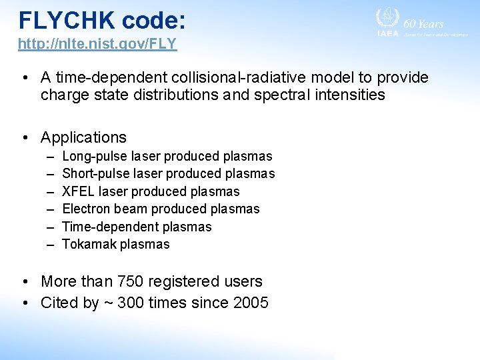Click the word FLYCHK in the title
click(x=66, y=20)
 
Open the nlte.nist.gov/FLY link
click(x=97, y=45)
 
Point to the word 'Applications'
click(x=83, y=137)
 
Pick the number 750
click(x=132, y=281)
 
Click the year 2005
click(x=251, y=303)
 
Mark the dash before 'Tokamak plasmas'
click(x=50, y=245)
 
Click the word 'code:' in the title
click(x=153, y=20)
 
